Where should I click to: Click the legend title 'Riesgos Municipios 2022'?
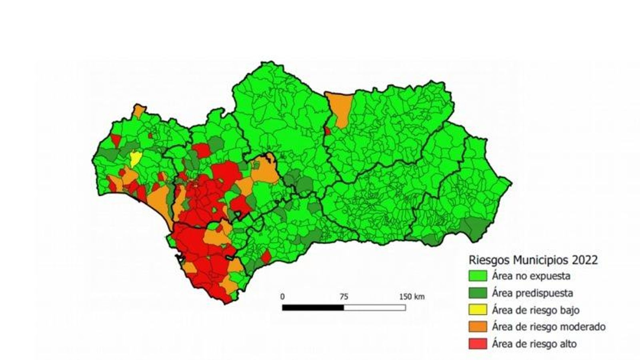533,260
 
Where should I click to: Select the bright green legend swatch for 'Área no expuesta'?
478,276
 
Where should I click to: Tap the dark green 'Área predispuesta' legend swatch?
478,293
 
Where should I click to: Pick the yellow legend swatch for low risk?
478,310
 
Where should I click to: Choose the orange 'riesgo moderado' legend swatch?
478,327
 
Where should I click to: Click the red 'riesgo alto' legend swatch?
478,344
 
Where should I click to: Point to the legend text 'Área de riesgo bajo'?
536,310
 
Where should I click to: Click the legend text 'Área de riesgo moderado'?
548,327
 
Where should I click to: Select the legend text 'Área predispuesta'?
532,293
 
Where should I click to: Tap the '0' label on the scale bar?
282,297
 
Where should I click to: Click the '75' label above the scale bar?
344,297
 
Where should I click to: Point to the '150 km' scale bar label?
412,297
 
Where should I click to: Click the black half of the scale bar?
313,308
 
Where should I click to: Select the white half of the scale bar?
374,308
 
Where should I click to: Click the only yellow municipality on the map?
135,159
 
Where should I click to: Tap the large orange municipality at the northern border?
340,108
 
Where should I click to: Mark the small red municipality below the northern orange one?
327,131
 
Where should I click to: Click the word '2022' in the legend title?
585,260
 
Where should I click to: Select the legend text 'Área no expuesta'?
531,276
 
